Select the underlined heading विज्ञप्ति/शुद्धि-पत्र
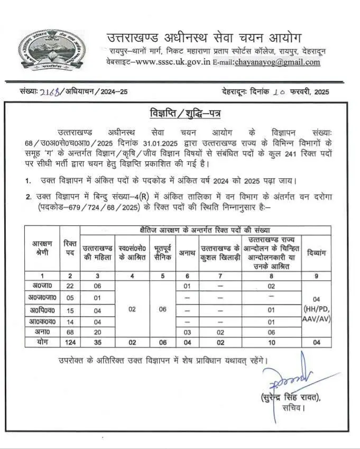coord(179,114)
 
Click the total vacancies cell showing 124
coord(69,342)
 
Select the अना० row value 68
coord(69,332)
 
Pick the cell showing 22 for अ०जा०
coord(69,286)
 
